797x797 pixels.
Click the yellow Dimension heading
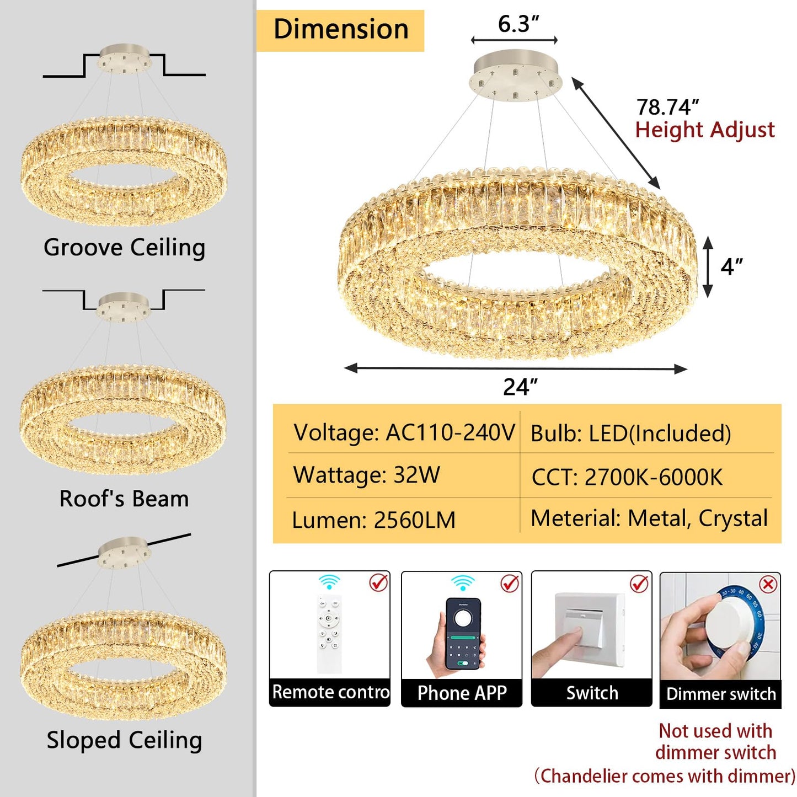[340, 30]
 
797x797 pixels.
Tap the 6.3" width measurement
[518, 24]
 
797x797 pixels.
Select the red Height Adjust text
[705, 130]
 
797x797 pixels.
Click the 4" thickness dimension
[732, 267]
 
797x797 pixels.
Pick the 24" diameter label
[520, 387]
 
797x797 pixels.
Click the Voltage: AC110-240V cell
[404, 433]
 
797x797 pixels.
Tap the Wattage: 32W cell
[366, 475]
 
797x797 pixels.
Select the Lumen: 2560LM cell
[373, 520]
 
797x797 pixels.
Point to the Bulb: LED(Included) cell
[631, 434]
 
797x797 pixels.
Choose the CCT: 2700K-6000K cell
[627, 477]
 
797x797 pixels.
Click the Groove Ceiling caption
[125, 248]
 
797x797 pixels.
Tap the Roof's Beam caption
[124, 498]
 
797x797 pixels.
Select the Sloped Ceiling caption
[125, 740]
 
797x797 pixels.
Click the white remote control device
[329, 633]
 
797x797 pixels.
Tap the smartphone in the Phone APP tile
[463, 634]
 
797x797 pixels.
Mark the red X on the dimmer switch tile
[768, 585]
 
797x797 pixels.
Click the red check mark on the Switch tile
[639, 584]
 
